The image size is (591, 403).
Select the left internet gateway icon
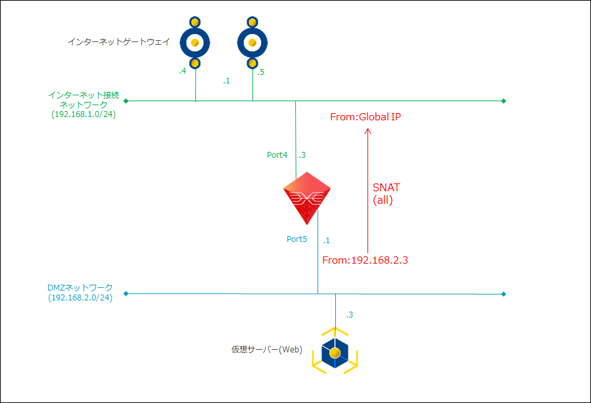pos(195,43)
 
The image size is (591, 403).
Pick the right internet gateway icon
pos(252,43)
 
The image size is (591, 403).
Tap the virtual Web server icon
pos(335,353)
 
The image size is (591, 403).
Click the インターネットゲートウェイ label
pos(119,42)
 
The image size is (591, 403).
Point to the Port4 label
pos(277,155)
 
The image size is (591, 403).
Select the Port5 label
pos(296,239)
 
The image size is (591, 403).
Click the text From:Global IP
pos(366,117)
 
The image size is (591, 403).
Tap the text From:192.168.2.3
pos(366,260)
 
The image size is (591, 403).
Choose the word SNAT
pos(387,188)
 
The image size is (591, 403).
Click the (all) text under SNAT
pos(383,201)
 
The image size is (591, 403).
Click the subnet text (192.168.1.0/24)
pos(83,114)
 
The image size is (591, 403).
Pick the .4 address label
pos(183,71)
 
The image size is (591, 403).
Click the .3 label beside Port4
pos(302,155)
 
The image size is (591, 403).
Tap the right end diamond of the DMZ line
pos(504,293)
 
